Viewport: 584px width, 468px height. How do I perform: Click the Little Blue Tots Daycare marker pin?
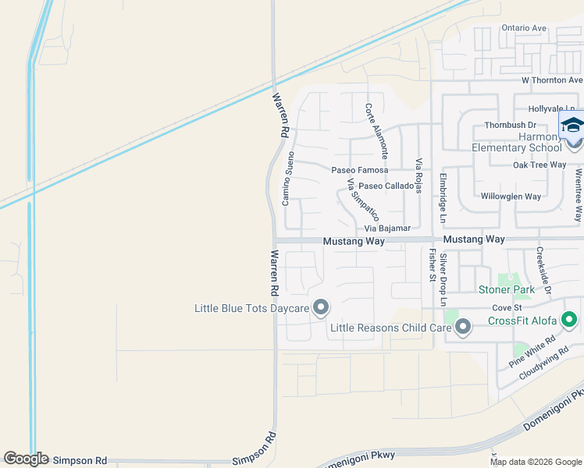pyautogui.click(x=320, y=308)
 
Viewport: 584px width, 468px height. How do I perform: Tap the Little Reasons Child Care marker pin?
pyautogui.click(x=463, y=327)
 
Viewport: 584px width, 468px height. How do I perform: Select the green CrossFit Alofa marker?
pyautogui.click(x=570, y=320)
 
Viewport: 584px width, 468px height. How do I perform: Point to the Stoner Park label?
pyautogui.click(x=506, y=289)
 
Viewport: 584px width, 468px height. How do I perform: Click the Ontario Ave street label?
pyautogui.click(x=524, y=28)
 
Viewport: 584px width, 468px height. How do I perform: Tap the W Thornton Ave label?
pyautogui.click(x=552, y=80)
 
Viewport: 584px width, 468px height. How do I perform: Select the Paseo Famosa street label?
pyautogui.click(x=360, y=170)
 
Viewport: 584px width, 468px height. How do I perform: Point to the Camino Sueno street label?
pyautogui.click(x=289, y=180)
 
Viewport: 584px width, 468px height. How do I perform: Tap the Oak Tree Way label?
pyautogui.click(x=539, y=165)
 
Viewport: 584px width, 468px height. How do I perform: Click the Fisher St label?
pyautogui.click(x=431, y=264)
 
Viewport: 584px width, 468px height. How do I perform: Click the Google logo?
pyautogui.click(x=26, y=459)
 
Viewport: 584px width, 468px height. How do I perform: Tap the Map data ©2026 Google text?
pyautogui.click(x=535, y=462)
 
